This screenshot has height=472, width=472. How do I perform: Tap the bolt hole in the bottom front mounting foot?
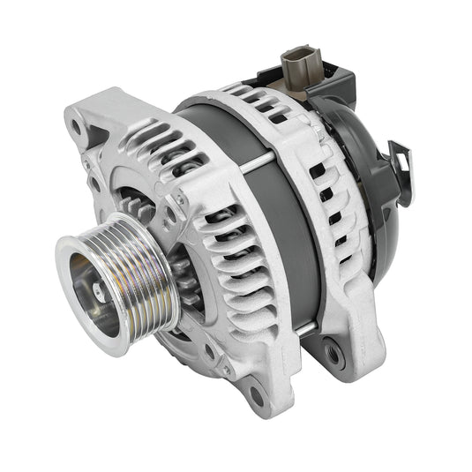coord(255,392)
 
